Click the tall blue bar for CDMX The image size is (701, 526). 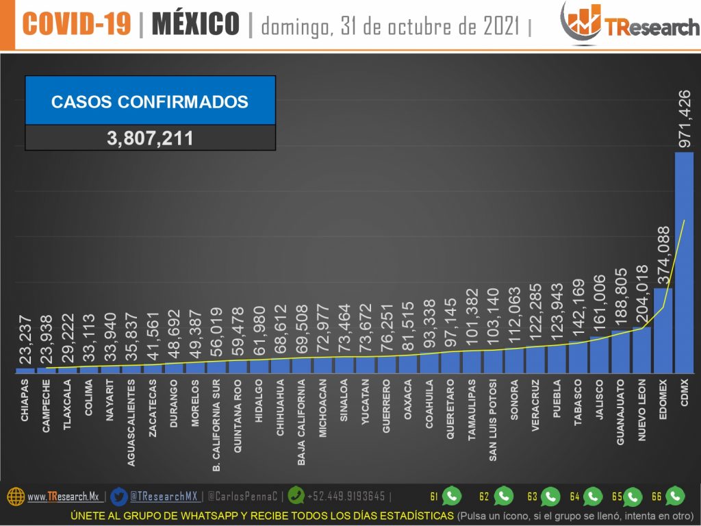pyautogui.click(x=684, y=263)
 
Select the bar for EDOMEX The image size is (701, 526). pyautogui.click(x=663, y=330)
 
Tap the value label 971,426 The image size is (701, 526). pyautogui.click(x=684, y=116)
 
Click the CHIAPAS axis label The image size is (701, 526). pyautogui.click(x=25, y=416)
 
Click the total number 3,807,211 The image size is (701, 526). pyautogui.click(x=150, y=138)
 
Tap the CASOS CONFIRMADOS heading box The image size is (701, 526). pyautogui.click(x=150, y=101)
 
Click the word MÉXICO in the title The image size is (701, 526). pyautogui.click(x=195, y=25)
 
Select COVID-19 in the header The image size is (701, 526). pyautogui.click(x=77, y=25)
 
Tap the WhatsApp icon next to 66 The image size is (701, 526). pyautogui.click(x=675, y=496)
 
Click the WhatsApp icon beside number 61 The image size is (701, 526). pyautogui.click(x=452, y=496)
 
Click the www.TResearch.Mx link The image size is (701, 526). pyautogui.click(x=63, y=497)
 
